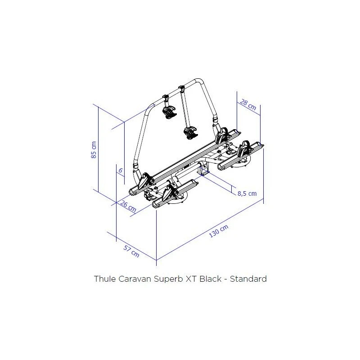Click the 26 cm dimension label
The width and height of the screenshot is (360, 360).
click(x=129, y=207)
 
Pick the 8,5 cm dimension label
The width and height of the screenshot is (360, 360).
click(x=246, y=193)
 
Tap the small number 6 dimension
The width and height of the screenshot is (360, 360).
click(x=120, y=171)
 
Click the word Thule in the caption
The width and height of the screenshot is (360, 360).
click(x=104, y=279)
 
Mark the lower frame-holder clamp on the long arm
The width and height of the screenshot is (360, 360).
click(x=189, y=132)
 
